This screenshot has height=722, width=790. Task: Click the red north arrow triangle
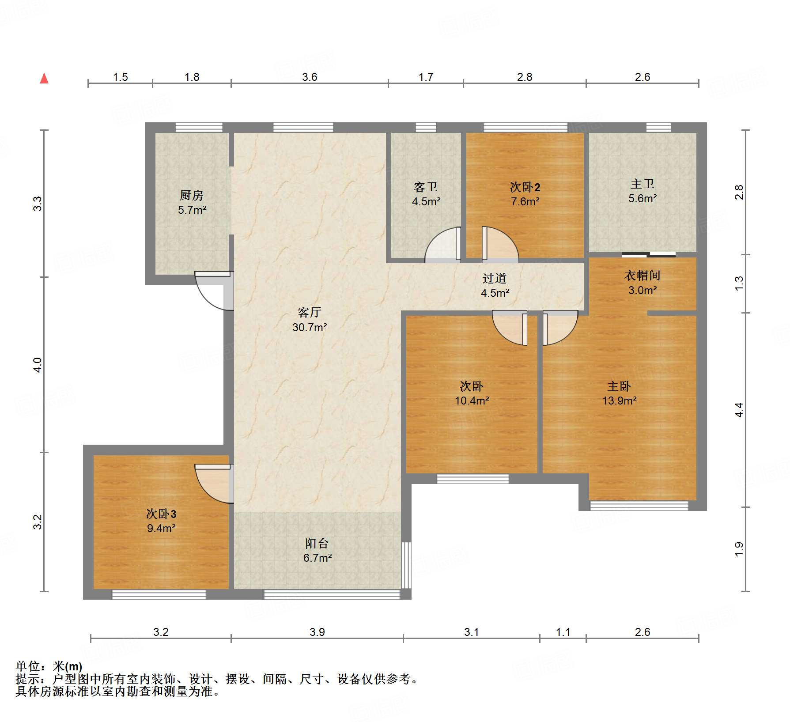click(44, 78)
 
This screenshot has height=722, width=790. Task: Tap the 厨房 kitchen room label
click(192, 195)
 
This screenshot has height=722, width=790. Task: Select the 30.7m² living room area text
click(310, 327)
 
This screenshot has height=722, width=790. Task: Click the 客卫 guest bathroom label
click(426, 187)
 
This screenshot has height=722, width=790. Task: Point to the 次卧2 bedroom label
click(525, 187)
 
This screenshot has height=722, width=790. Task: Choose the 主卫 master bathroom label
click(643, 184)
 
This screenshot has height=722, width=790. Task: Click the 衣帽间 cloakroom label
click(643, 276)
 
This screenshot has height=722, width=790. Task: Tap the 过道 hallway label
click(495, 278)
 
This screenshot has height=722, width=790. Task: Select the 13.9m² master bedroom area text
click(620, 401)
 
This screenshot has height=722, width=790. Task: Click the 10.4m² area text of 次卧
click(472, 401)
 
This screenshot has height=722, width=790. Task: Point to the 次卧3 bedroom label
click(161, 514)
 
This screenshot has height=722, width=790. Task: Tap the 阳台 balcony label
click(317, 544)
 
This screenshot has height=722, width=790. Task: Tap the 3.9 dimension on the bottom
click(317, 632)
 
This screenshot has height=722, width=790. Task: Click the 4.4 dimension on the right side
click(739, 410)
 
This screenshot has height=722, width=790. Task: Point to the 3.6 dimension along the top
click(310, 77)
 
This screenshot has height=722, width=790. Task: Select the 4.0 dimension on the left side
click(38, 365)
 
